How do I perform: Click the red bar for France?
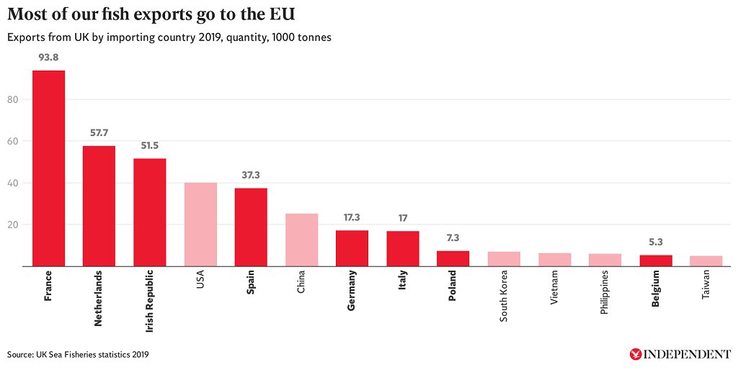(x=48, y=168)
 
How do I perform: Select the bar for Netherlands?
(x=99, y=206)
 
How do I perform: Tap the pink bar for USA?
(x=200, y=225)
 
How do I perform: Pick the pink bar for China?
(x=301, y=240)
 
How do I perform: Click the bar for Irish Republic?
(x=150, y=212)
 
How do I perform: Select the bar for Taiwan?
(x=706, y=261)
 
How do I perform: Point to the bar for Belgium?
(x=656, y=261)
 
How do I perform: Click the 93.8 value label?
(x=48, y=56)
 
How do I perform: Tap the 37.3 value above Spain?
(x=251, y=174)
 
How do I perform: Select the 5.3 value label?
(x=656, y=241)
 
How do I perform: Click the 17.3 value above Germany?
(x=352, y=217)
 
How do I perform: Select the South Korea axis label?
(x=504, y=296)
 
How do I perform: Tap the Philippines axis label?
(x=605, y=294)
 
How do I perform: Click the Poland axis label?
(x=453, y=286)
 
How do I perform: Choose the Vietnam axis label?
(x=554, y=288)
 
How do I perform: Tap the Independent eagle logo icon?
(x=636, y=354)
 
